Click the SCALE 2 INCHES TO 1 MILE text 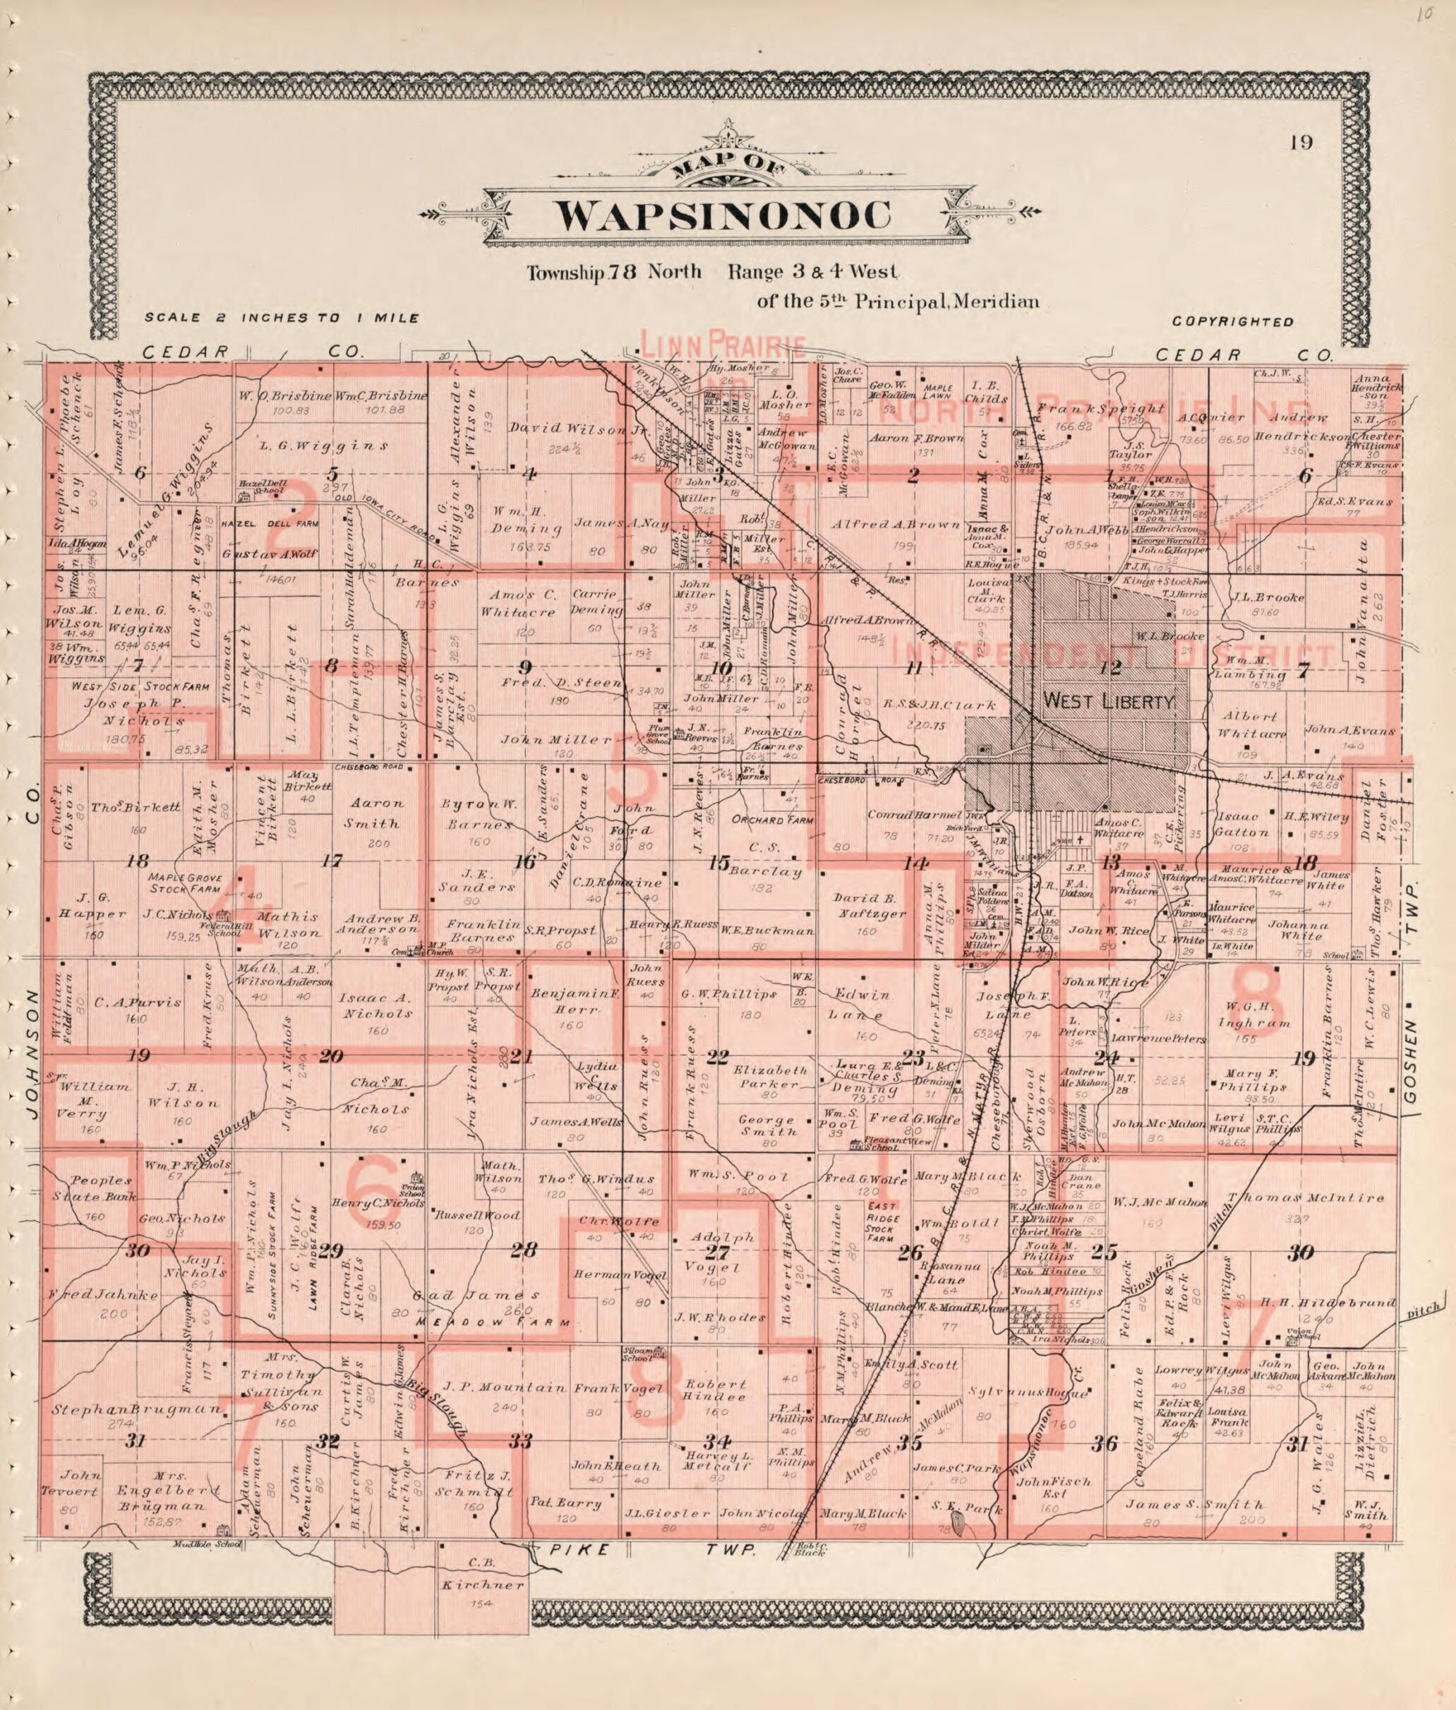pos(282,318)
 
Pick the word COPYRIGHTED pos(1232,322)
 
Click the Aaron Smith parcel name pos(377,812)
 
